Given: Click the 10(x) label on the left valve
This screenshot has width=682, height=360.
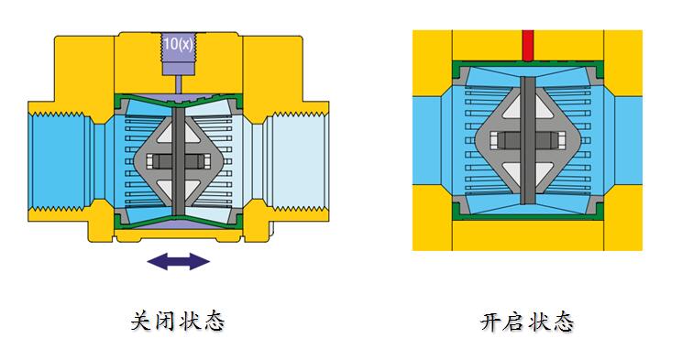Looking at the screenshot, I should tap(179, 43).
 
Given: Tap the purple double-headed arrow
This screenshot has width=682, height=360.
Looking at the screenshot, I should tap(179, 261).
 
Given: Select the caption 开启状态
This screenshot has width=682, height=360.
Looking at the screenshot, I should tap(526, 322).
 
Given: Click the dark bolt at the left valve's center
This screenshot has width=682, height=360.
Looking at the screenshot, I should tap(179, 161).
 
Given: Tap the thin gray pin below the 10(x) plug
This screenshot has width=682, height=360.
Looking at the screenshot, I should tap(179, 84).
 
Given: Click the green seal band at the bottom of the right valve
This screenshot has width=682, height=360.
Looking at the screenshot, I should tap(527, 214).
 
